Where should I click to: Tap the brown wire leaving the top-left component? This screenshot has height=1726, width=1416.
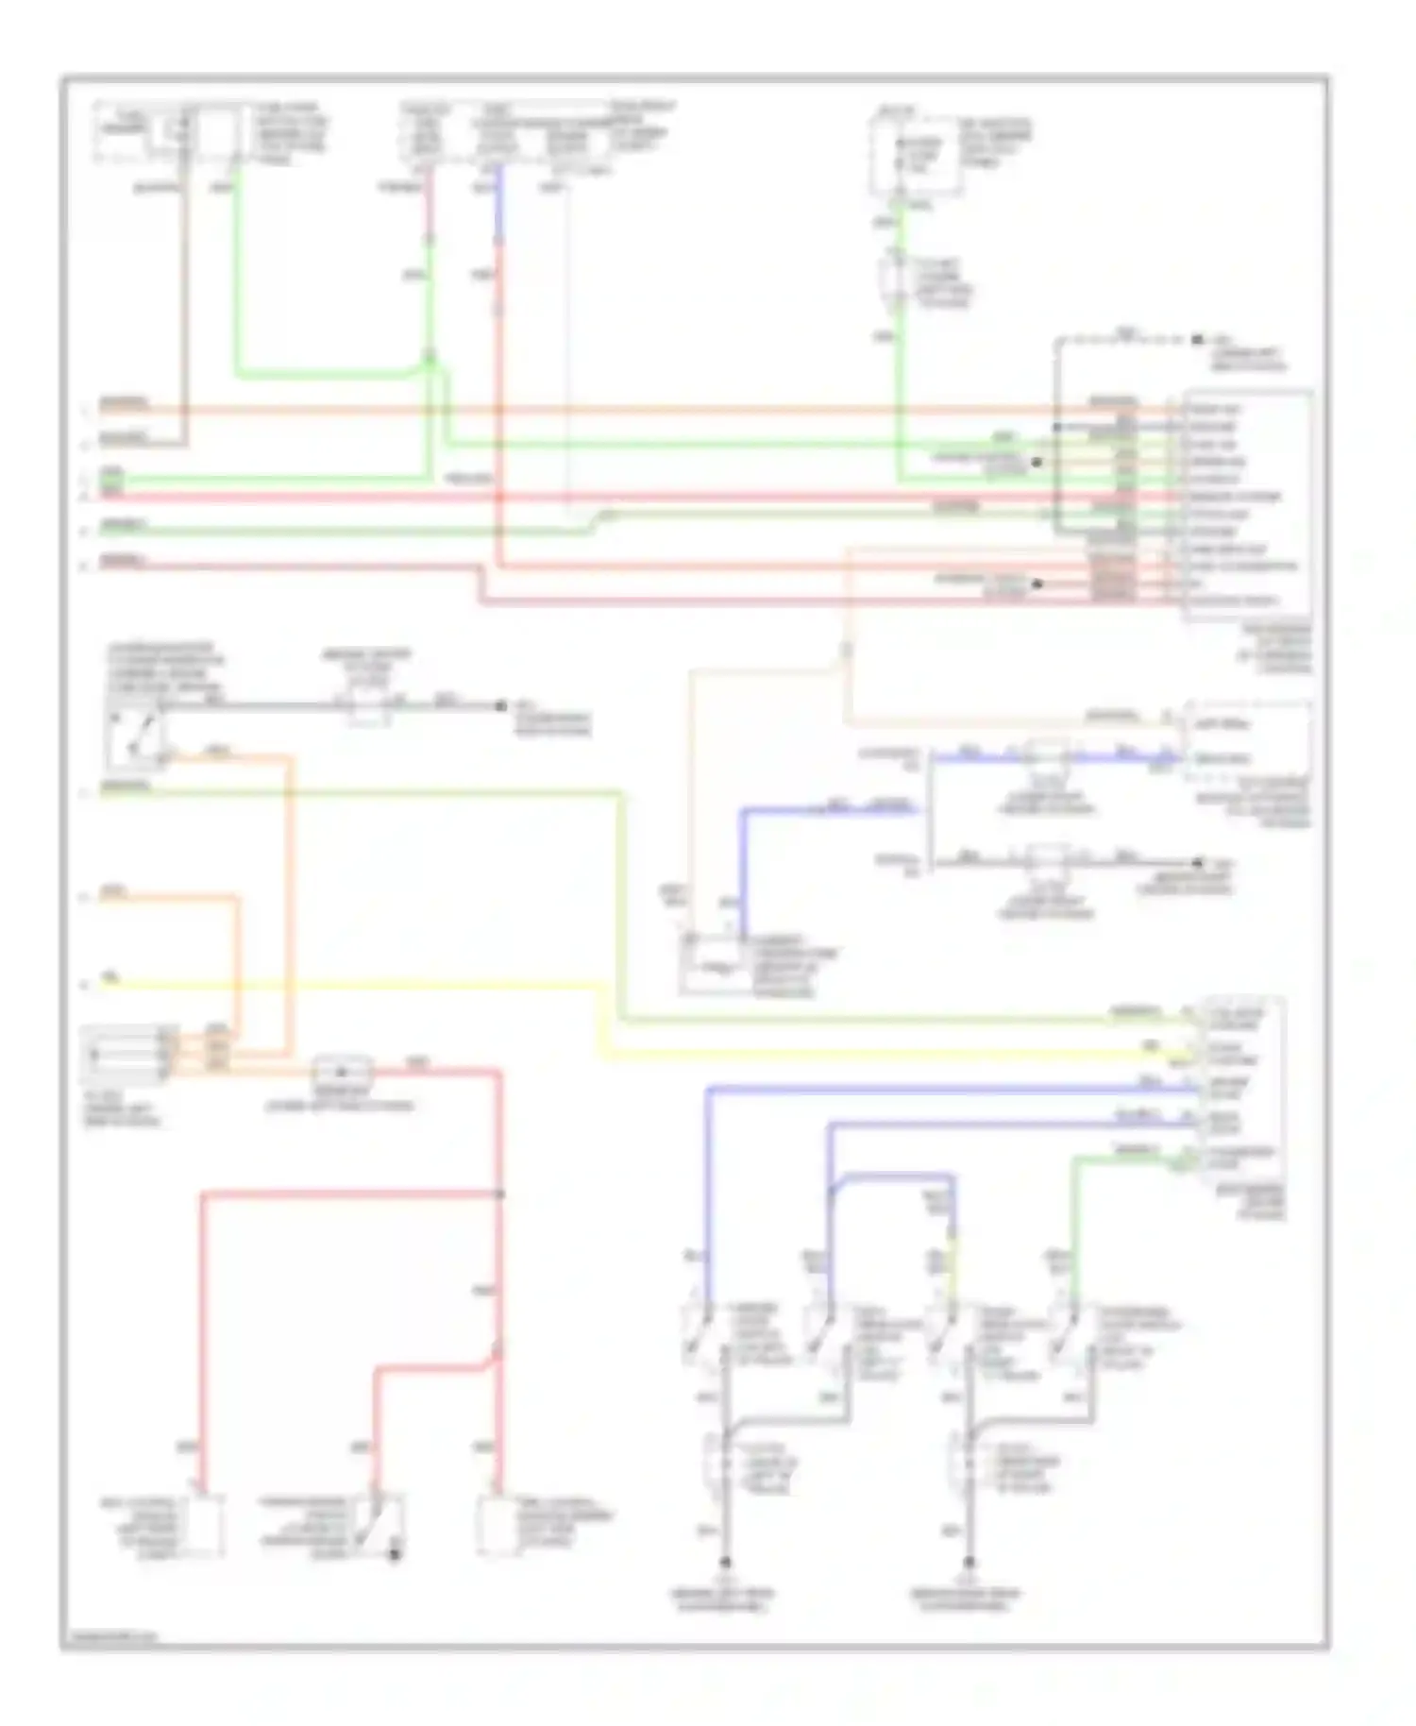(x=185, y=302)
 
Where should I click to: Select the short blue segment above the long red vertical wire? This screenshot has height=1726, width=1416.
(x=497, y=203)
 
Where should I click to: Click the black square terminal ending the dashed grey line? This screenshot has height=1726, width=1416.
(x=1197, y=339)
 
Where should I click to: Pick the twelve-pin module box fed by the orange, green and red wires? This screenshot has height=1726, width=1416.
(x=1246, y=505)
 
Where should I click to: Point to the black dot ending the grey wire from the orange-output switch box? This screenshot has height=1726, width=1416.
(x=502, y=705)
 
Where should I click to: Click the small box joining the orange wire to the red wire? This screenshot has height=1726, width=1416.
(x=342, y=1072)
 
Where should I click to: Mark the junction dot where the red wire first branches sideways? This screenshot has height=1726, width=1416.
(x=499, y=1194)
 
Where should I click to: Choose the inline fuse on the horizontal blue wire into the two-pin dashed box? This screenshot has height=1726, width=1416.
(x=1046, y=755)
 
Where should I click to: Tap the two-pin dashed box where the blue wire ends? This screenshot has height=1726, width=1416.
(x=1246, y=741)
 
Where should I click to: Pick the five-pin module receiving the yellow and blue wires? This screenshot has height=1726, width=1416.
(x=1241, y=1086)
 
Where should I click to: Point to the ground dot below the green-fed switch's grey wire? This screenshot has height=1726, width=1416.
(x=969, y=1563)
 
